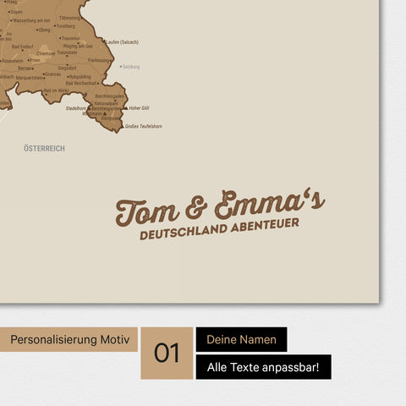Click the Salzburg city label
(x=130, y=66)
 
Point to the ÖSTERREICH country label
(x=45, y=148)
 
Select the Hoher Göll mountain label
(x=139, y=108)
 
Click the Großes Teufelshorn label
(x=144, y=126)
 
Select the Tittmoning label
(x=70, y=18)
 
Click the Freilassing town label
(x=98, y=60)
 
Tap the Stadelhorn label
(x=75, y=108)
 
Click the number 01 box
(x=167, y=353)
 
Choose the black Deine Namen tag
(x=241, y=340)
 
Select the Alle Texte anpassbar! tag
(x=263, y=367)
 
